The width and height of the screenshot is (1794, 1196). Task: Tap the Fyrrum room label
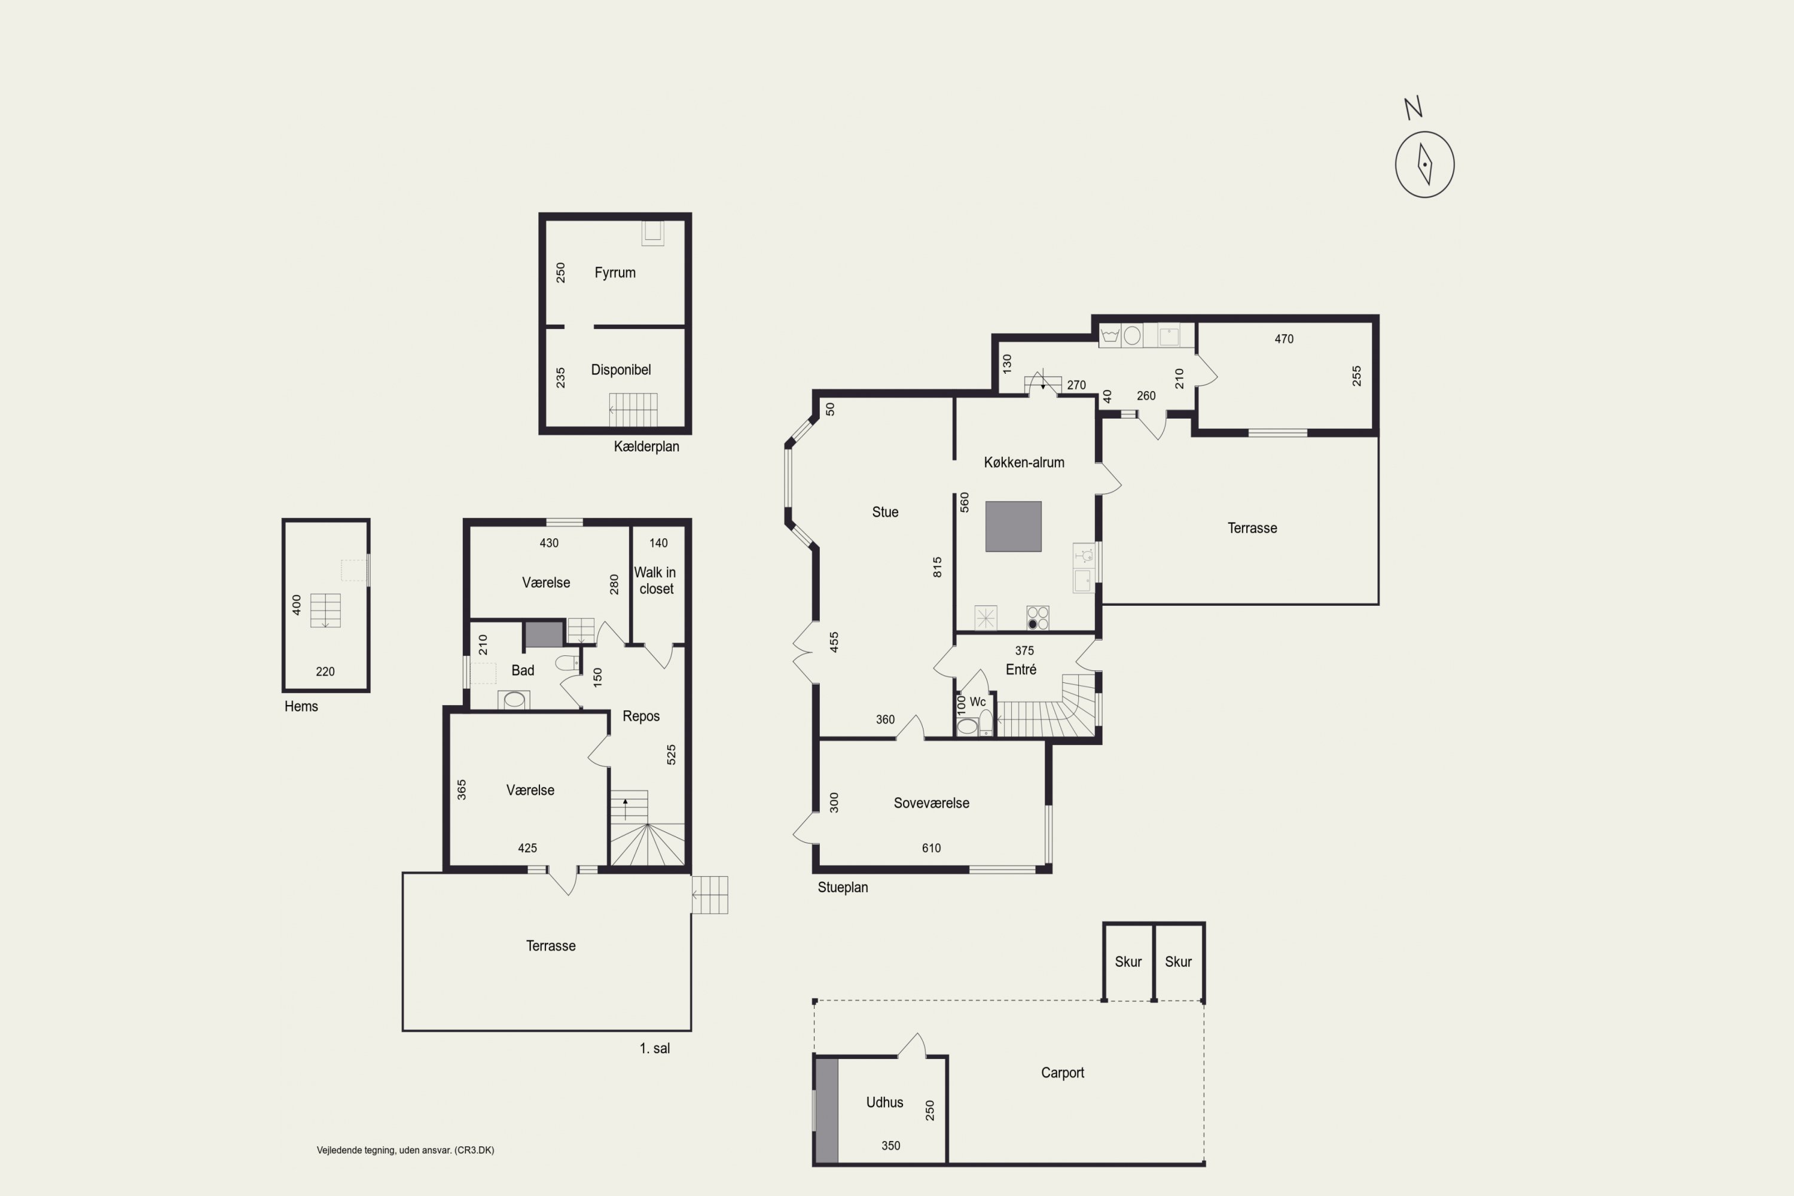coord(615,272)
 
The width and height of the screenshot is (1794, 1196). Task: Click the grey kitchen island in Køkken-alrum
coord(1013,526)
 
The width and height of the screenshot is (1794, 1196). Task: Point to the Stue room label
coord(885,512)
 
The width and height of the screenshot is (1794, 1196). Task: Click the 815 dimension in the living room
coord(938,567)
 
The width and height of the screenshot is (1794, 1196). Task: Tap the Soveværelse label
coord(931,803)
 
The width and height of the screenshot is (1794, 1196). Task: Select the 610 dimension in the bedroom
coord(931,848)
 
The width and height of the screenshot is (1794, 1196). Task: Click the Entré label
coord(1021,670)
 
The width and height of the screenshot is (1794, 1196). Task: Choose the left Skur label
coord(1128,962)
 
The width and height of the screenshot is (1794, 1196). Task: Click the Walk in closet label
coord(655,581)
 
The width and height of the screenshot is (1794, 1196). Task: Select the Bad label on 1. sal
coord(523,670)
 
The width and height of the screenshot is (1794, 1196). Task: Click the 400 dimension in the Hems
coord(297,605)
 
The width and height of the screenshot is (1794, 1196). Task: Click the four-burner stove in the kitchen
coord(1038,617)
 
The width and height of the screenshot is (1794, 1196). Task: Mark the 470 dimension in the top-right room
coord(1284,338)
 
